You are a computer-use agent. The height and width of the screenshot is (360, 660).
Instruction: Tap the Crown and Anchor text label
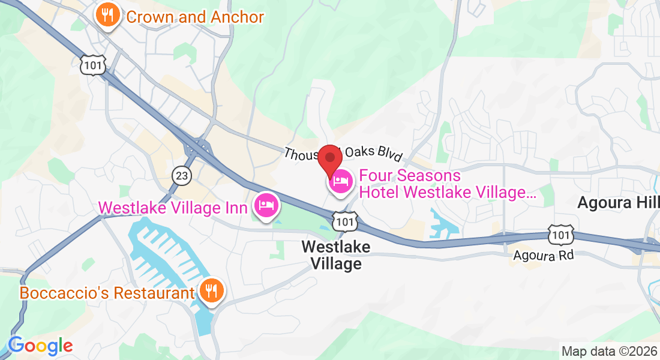195,17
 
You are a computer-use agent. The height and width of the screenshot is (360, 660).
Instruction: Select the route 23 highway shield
181,175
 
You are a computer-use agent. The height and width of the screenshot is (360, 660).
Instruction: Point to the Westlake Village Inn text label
173,208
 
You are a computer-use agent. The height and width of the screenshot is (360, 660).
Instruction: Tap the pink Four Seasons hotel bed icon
341,180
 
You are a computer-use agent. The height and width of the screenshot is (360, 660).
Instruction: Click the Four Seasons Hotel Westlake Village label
447,184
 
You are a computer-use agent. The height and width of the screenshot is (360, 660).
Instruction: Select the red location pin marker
329,158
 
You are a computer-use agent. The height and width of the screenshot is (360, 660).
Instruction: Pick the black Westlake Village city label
336,255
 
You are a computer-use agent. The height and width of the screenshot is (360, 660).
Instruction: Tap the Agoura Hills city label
618,203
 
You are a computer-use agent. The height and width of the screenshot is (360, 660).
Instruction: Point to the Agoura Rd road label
543,256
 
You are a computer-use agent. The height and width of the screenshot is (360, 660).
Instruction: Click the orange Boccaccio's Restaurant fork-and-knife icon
211,291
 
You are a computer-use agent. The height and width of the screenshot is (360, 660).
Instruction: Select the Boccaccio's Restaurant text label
107,293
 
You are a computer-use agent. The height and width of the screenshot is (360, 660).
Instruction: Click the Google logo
40,346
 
